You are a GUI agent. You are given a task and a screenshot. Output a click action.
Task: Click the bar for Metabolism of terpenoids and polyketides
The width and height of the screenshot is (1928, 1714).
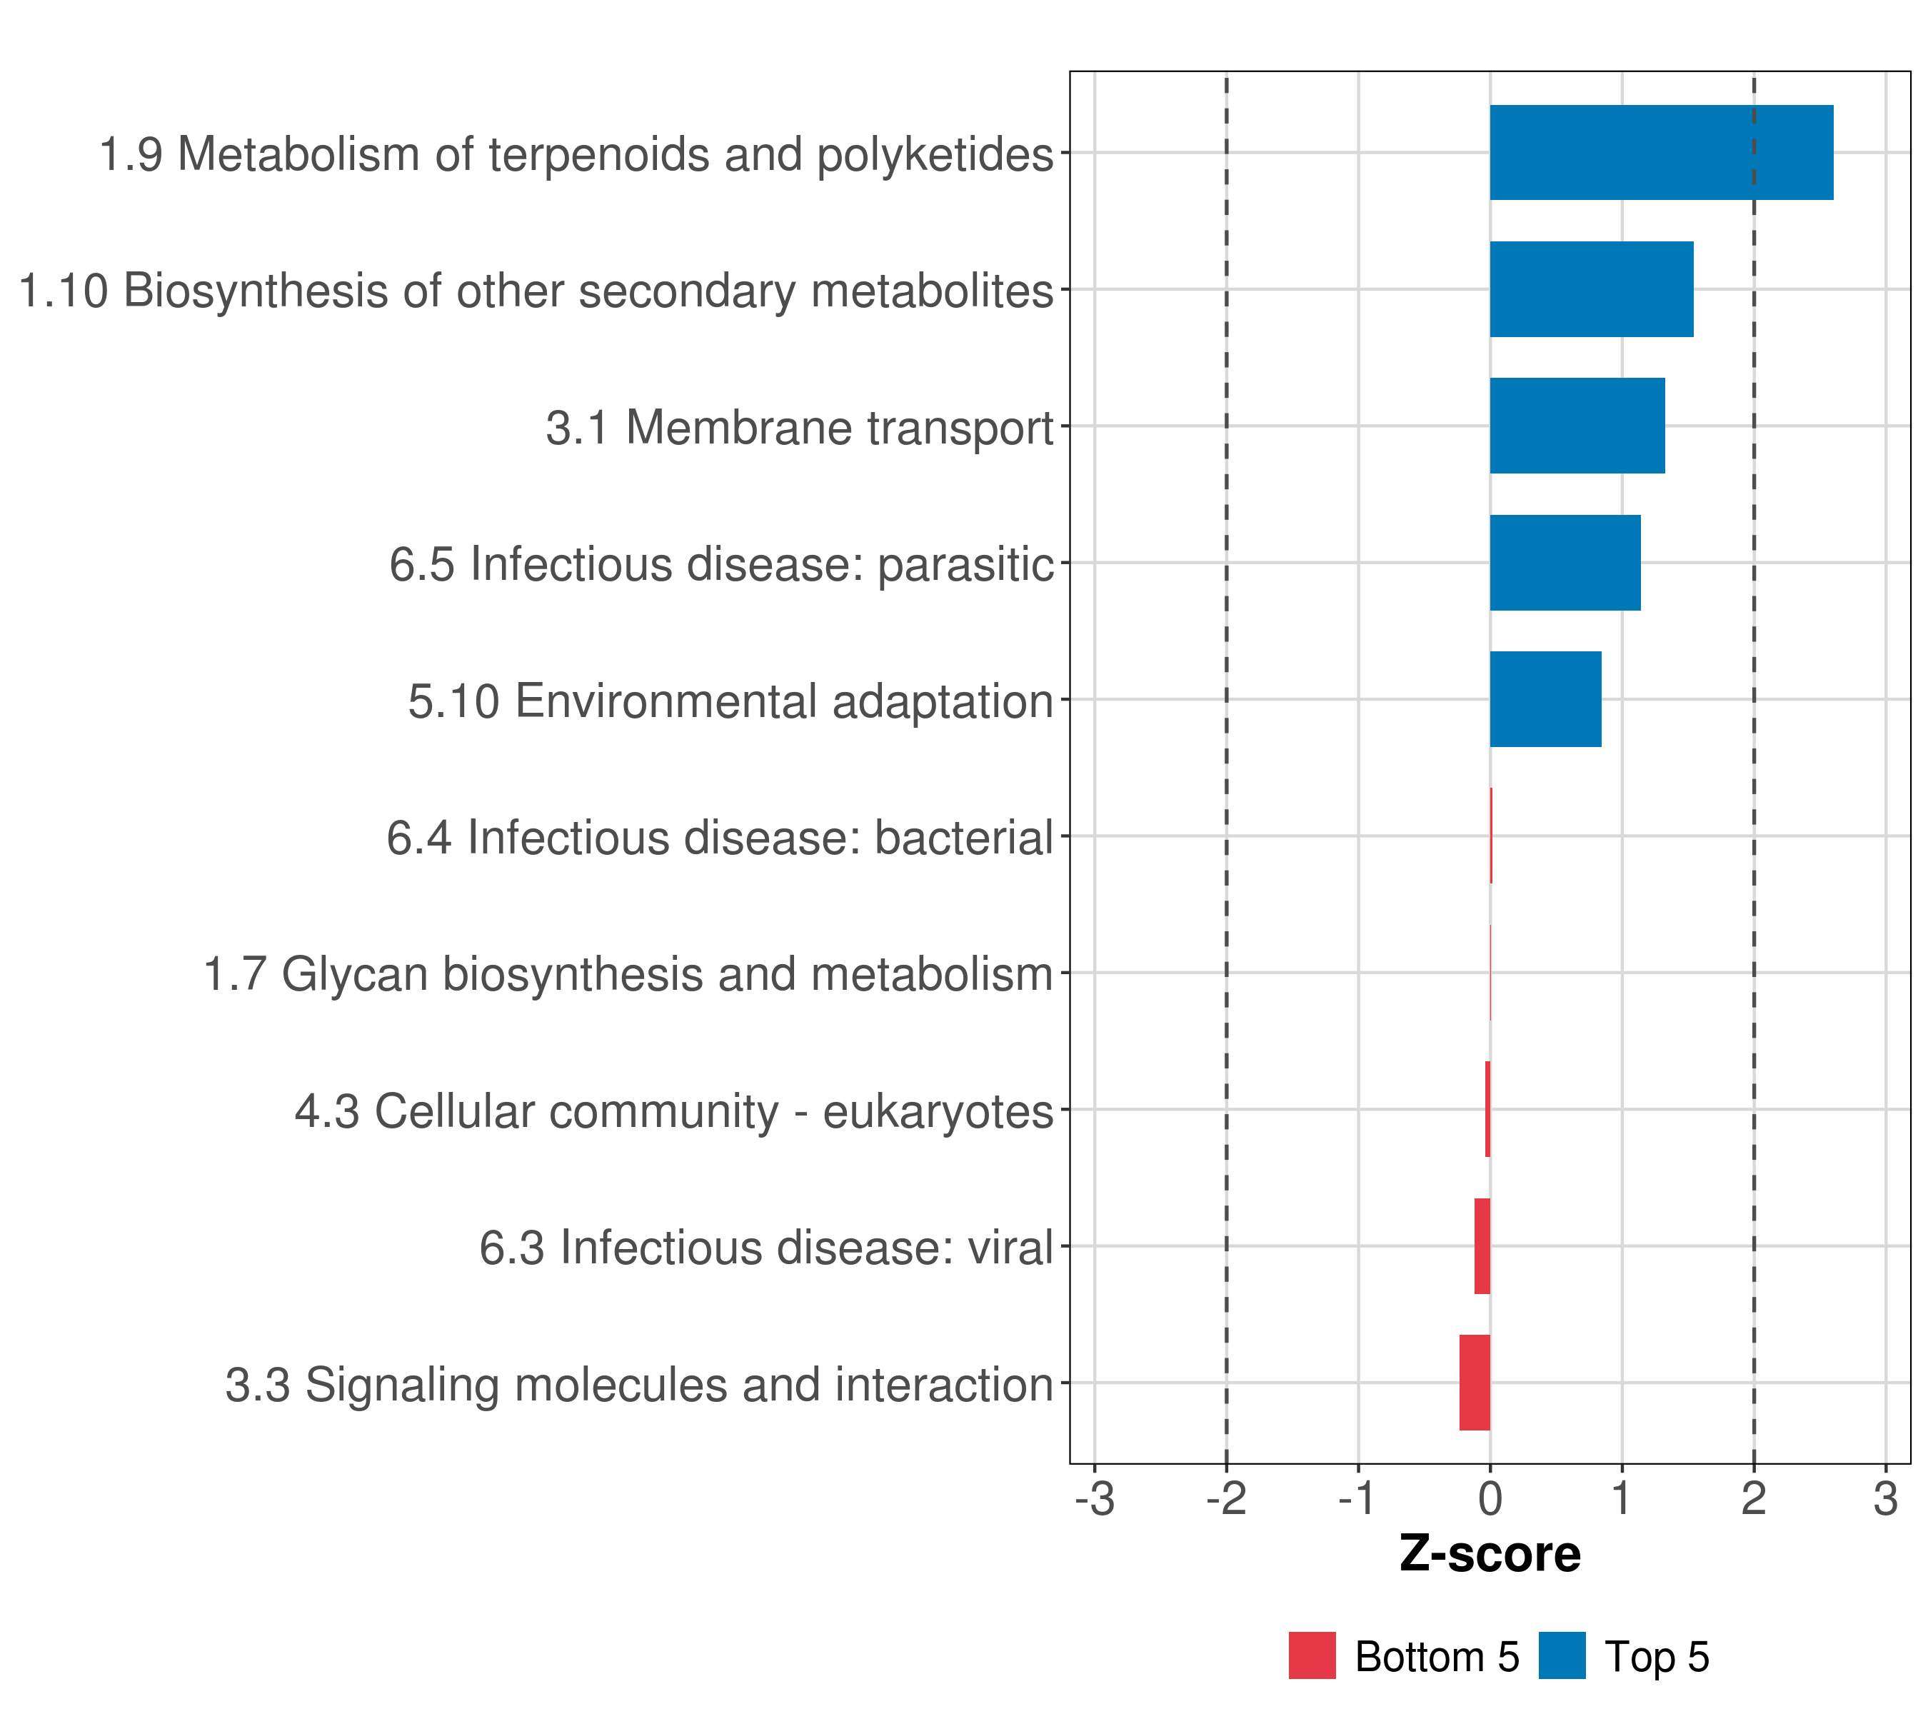[1661, 153]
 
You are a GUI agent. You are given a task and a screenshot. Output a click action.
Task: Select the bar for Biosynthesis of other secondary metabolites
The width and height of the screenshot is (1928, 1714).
[1591, 290]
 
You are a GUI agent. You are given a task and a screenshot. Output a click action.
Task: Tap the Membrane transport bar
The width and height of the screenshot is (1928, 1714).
[1577, 426]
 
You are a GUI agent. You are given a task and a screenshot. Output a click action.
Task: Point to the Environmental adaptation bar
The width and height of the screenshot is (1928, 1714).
[1545, 699]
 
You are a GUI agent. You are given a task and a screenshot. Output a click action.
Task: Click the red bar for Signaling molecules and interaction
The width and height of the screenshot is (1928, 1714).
[1475, 1383]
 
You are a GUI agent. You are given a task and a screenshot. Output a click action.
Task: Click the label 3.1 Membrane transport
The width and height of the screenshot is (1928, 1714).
[799, 427]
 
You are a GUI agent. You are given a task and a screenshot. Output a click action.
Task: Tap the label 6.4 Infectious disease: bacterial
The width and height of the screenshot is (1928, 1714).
[720, 838]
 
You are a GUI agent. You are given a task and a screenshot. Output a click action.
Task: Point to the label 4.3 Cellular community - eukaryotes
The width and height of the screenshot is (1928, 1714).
[673, 1111]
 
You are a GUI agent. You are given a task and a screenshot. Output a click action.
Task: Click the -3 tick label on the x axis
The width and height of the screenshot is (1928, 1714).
[1094, 1499]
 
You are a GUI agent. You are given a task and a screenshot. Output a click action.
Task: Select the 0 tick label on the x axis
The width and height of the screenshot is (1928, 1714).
[1490, 1499]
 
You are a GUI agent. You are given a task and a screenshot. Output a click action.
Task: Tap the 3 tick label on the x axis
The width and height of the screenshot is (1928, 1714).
[1886, 1499]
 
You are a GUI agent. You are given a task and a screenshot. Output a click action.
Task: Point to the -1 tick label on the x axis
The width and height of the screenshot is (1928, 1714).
[1358, 1499]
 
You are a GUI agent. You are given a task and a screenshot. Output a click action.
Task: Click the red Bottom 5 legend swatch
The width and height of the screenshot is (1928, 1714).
[1312, 1655]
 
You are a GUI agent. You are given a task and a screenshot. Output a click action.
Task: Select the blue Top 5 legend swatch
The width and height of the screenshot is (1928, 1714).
[1562, 1655]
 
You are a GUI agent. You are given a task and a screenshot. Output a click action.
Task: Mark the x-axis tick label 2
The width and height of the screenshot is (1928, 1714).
[1754, 1499]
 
